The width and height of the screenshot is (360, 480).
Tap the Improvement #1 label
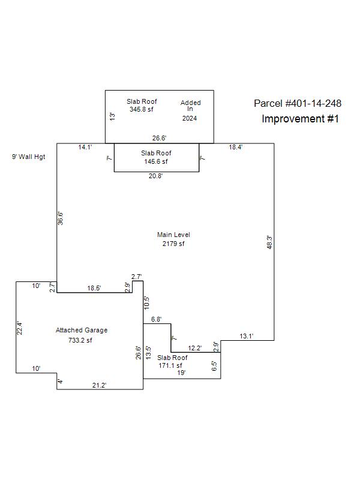coord(300,119)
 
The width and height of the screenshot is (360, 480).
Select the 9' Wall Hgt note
coord(28,157)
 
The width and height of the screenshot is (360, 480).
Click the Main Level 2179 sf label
coord(173,239)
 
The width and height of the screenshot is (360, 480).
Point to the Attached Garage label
coord(82,331)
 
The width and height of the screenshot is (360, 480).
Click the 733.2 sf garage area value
coord(80,340)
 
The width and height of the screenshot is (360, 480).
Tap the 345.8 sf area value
coord(142,109)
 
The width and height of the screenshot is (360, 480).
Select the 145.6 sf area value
coord(156,161)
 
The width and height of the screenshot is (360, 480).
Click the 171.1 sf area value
coord(170,365)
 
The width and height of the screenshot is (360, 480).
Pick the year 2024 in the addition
coord(190,118)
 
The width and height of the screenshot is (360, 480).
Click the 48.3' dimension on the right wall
coord(269,242)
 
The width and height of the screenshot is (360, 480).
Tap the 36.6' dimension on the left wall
coord(61,218)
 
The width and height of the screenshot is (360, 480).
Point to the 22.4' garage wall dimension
coord(19,328)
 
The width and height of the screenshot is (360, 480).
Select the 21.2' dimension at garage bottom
coord(99,385)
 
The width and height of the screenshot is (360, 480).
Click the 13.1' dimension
coord(247,336)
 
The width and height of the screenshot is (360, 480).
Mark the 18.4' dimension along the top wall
coord(236,147)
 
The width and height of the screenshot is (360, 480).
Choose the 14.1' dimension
coord(85,147)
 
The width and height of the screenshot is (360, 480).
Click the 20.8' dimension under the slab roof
coord(156,176)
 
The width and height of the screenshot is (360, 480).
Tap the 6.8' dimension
coord(157,319)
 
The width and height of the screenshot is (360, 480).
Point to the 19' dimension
coord(181,373)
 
